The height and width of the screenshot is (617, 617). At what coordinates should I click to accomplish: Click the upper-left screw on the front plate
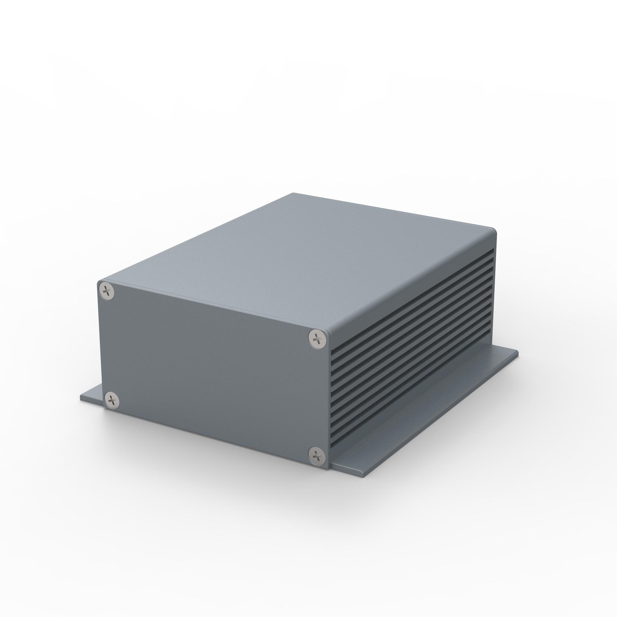(107, 291)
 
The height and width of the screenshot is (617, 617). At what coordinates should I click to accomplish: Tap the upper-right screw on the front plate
(317, 337)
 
